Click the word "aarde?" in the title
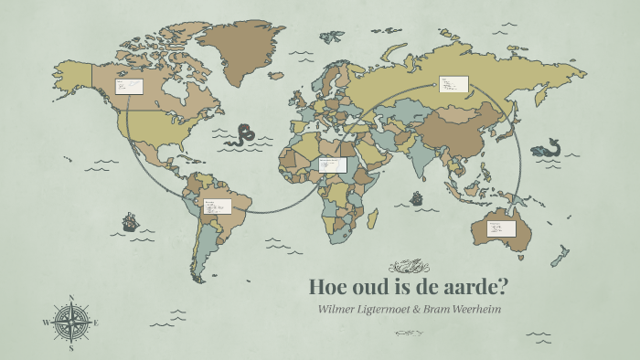(470, 286)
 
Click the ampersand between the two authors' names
(416, 309)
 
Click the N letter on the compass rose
(71, 297)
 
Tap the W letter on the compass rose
(46, 323)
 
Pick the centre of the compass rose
(71, 323)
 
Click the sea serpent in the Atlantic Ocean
(244, 136)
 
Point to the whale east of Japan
(547, 148)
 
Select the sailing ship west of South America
(130, 222)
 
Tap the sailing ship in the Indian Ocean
(417, 197)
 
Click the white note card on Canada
(128, 87)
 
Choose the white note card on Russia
(453, 84)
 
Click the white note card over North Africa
(333, 164)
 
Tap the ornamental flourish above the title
(407, 266)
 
